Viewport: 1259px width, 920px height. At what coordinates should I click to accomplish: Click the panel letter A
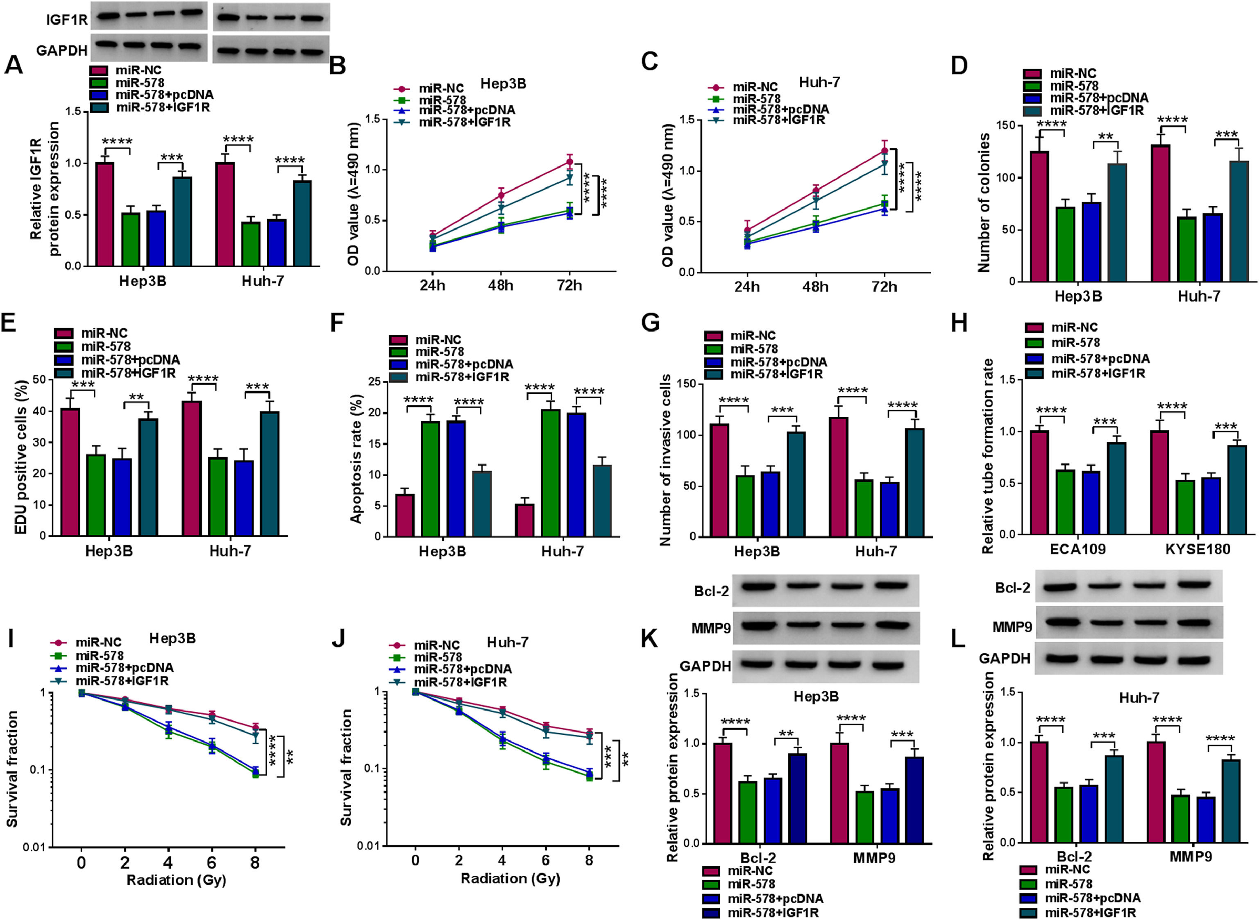14,65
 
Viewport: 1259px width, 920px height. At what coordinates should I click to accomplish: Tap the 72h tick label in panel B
569,286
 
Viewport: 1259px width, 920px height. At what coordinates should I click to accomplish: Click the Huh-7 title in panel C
819,82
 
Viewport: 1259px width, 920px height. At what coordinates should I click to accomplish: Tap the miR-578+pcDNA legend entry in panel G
778,362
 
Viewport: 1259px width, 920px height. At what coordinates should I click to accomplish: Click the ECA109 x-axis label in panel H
1078,549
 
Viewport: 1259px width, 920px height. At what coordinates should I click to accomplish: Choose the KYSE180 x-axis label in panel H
1198,549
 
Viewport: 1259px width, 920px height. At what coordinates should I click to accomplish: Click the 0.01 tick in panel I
34,847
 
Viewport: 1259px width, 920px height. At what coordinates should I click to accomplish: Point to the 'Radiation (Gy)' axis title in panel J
510,878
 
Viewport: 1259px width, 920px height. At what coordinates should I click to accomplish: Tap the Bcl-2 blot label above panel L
1012,588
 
